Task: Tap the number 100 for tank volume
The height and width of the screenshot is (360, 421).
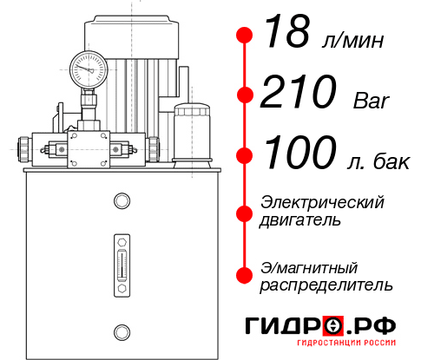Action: coord(300,154)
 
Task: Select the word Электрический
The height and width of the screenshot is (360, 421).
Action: coord(322,202)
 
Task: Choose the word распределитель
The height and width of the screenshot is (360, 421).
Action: coord(326,285)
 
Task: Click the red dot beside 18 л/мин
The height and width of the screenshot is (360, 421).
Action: coord(245,36)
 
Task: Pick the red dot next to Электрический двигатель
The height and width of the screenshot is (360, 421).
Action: coord(245,212)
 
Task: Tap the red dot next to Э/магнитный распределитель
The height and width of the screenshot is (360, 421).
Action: coord(245,275)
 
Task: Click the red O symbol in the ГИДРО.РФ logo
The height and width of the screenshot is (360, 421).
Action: coord(333,325)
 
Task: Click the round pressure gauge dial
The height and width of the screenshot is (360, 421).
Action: coord(89,67)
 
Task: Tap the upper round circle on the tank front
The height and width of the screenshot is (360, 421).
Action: coord(121,202)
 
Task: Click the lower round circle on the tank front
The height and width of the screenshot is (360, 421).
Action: coord(121,330)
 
